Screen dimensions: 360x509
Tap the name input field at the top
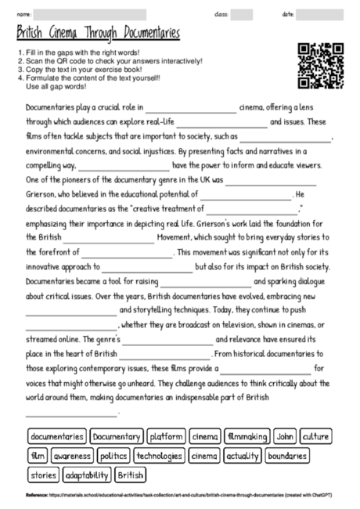pos(91,15)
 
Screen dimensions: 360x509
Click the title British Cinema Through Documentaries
pos(99,34)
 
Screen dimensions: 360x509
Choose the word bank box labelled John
pos(286,436)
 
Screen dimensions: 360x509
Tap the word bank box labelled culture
pos(315,436)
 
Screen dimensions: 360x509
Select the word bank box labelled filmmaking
pos(247,436)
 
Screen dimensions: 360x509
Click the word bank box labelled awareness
pos(73,456)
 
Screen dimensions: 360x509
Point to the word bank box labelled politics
pos(114,456)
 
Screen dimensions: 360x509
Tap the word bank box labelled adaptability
pos(87,475)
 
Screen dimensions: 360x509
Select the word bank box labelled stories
pos(44,475)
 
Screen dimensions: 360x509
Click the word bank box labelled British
pos(130,475)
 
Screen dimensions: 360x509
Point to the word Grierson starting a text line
pos(42,194)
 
